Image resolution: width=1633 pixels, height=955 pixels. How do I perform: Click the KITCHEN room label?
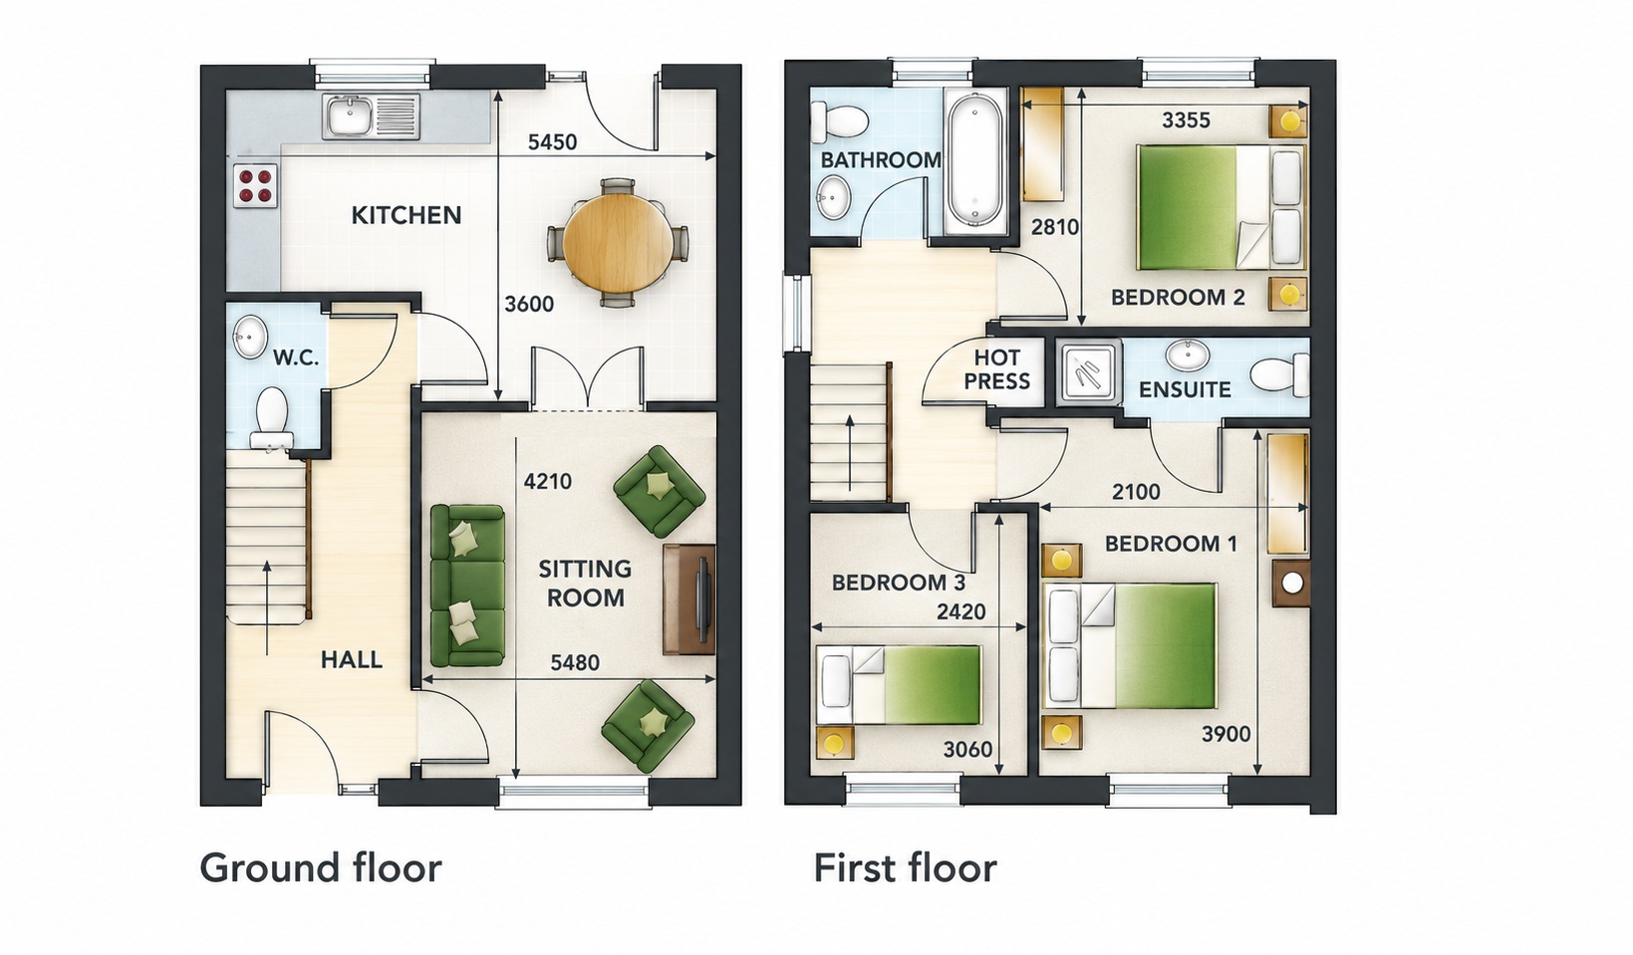pyautogui.click(x=407, y=216)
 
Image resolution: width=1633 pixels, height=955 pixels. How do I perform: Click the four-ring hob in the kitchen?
pyautogui.click(x=255, y=185)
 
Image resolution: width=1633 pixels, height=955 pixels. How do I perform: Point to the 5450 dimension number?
pyautogui.click(x=552, y=142)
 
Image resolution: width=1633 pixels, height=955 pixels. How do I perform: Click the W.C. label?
pyautogui.click(x=296, y=358)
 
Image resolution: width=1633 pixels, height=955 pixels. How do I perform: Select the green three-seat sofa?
pyautogui.click(x=467, y=586)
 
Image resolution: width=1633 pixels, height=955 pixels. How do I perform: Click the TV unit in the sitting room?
pyautogui.click(x=688, y=598)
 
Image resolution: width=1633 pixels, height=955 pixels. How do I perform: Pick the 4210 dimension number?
pyautogui.click(x=548, y=482)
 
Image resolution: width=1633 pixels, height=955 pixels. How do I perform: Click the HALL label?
pyautogui.click(x=352, y=660)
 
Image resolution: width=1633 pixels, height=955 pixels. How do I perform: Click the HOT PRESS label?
pyautogui.click(x=996, y=369)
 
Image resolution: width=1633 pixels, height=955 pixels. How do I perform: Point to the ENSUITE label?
pyautogui.click(x=1185, y=389)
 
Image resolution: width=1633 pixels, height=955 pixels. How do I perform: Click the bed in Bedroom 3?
pyautogui.click(x=898, y=685)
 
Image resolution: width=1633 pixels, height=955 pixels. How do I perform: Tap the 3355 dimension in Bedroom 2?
pyautogui.click(x=1186, y=120)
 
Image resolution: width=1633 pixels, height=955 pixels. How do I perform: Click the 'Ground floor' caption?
pyautogui.click(x=321, y=867)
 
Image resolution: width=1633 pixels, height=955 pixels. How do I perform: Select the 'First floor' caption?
pyautogui.click(x=905, y=867)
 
